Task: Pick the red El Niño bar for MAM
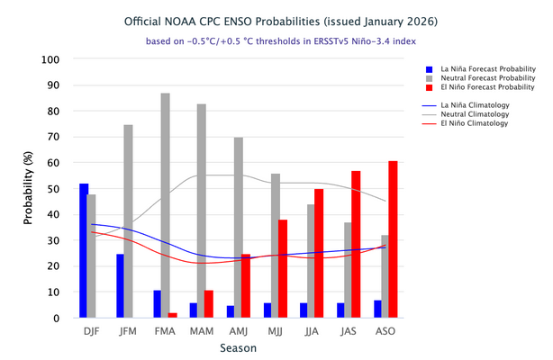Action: click(x=209, y=304)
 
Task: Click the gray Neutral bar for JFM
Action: click(x=128, y=221)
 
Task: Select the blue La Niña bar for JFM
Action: click(x=120, y=286)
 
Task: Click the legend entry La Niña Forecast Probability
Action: click(x=485, y=67)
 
